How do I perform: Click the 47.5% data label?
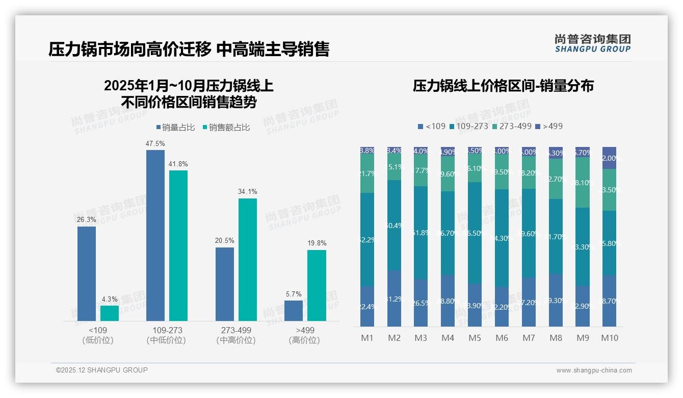coord(155,144)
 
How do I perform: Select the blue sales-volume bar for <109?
coord(87,273)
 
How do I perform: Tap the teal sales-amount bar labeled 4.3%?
coord(110,313)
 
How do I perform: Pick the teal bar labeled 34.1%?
coord(248,259)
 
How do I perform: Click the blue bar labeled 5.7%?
coord(294,311)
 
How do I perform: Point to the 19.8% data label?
coord(317,243)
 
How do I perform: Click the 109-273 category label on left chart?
coord(166,330)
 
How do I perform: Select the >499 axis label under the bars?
coord(304,330)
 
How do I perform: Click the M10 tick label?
coord(609,338)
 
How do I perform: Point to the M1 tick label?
coord(367,338)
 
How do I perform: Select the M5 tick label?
coord(475,338)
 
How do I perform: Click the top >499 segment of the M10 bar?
coord(609,158)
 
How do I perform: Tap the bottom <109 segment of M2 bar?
coord(394,298)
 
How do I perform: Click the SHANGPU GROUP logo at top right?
coord(592,43)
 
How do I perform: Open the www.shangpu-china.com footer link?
coord(594,370)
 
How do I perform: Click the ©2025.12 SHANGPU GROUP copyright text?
coord(102,370)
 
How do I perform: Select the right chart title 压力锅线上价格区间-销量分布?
coord(503,86)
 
